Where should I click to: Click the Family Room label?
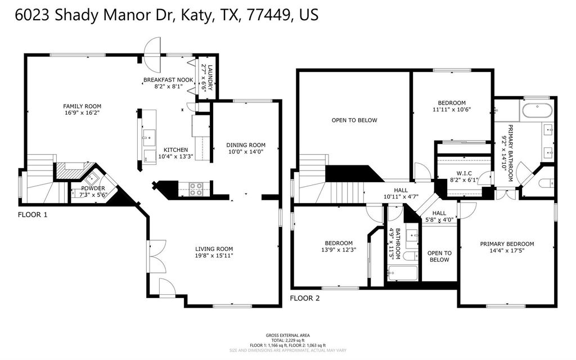(x=82, y=106)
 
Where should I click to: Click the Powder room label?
(x=93, y=188)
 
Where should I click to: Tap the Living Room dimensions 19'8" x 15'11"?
(x=214, y=256)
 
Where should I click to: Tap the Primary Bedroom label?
(x=507, y=244)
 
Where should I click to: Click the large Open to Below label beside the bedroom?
(x=354, y=120)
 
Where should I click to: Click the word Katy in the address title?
(x=197, y=15)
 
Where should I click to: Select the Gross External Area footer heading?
(x=287, y=335)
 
